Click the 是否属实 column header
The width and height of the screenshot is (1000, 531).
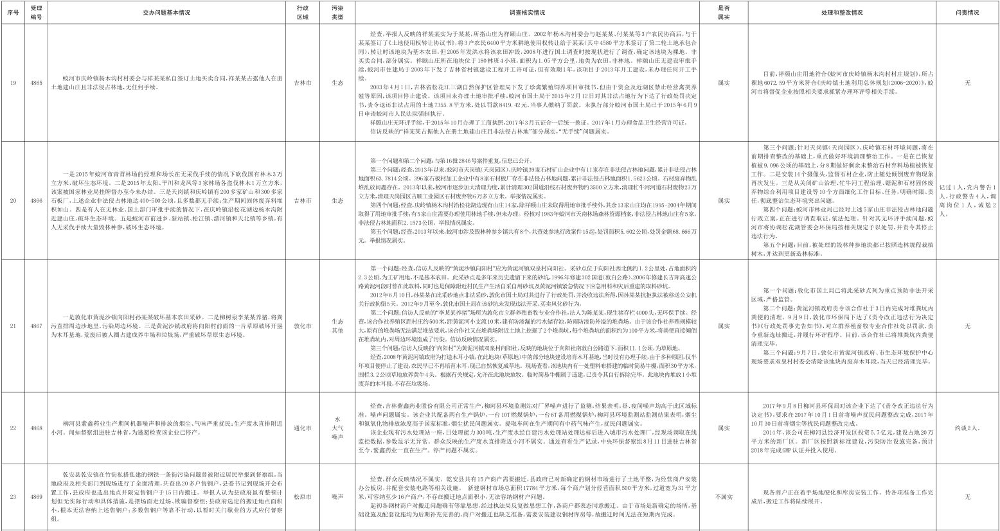coord(723,12)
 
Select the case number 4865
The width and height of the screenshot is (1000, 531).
coord(37,83)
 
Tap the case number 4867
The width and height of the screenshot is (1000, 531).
coord(37,326)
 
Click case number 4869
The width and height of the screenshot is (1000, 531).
coord(37,496)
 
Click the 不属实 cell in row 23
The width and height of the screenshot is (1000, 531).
coord(723,496)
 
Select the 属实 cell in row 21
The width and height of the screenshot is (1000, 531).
coord(723,326)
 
